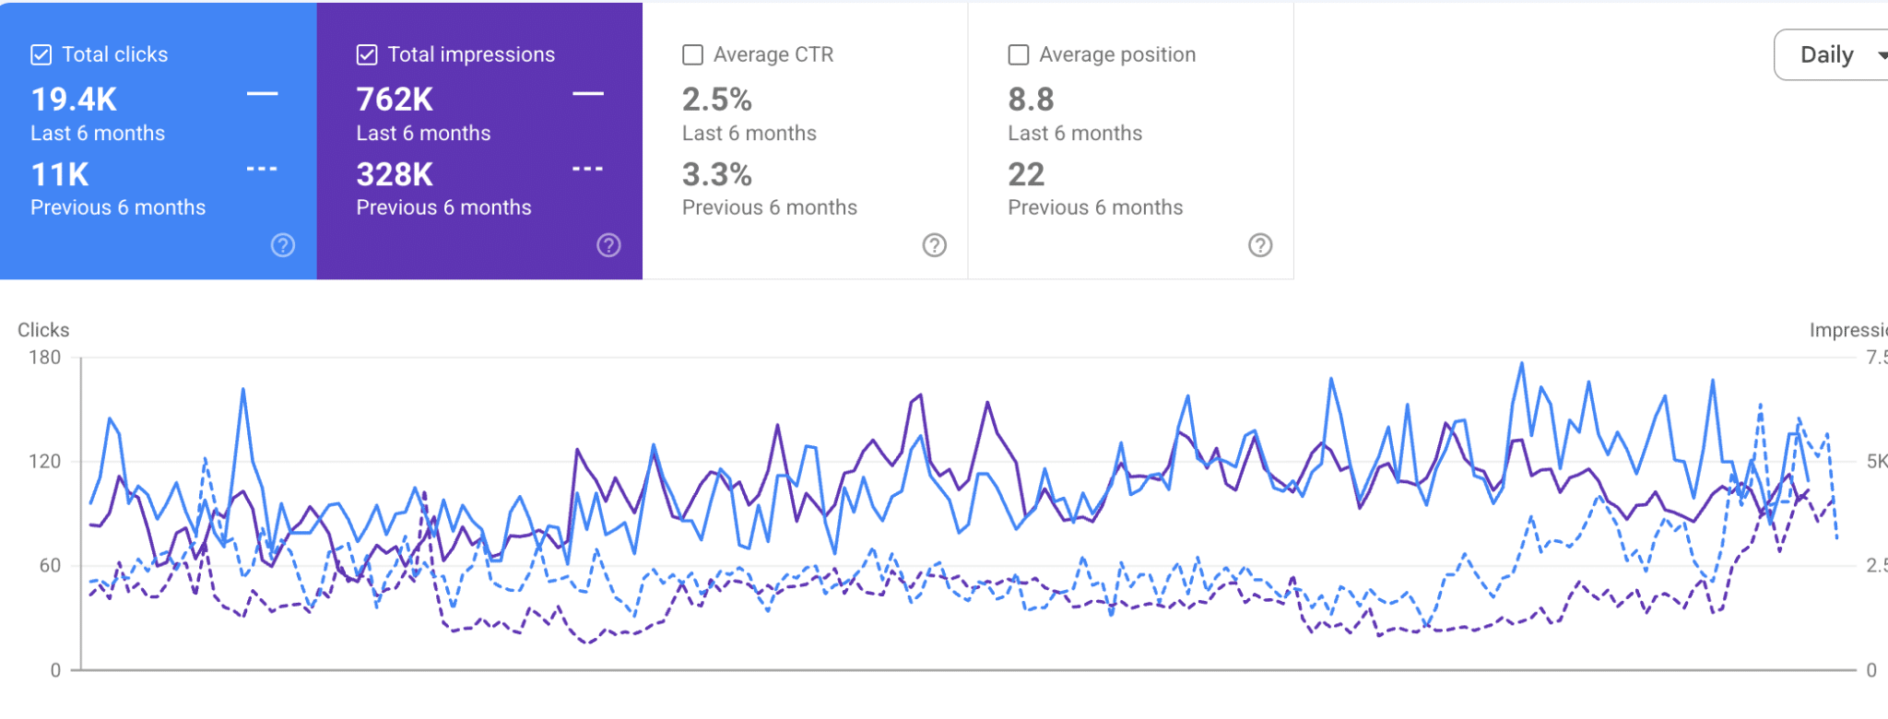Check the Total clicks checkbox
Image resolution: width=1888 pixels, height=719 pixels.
[41, 55]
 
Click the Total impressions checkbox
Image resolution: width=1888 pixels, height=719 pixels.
[367, 55]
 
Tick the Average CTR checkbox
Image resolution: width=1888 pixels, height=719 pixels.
[692, 55]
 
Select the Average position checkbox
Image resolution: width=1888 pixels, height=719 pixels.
[1019, 55]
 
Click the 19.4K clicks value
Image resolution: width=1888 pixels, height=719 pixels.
[74, 100]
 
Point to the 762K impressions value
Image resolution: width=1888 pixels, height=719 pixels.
[395, 100]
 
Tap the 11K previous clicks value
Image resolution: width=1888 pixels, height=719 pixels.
[60, 174]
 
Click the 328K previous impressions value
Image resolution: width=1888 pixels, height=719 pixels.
[395, 174]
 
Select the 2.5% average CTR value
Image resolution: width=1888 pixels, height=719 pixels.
[717, 100]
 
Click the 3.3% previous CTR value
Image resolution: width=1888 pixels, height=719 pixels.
[717, 174]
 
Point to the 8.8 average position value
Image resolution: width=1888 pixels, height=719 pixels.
[1031, 100]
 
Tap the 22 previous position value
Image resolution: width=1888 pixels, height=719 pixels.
[1026, 174]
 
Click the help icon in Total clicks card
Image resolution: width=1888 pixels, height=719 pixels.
[283, 245]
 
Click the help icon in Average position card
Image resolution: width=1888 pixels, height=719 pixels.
[1260, 245]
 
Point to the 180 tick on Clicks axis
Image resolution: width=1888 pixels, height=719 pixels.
[44, 358]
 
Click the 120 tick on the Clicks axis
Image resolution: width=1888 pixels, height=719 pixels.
[44, 462]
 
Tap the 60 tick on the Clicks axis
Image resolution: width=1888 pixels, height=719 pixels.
[50, 566]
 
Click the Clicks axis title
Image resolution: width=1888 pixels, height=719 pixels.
[43, 330]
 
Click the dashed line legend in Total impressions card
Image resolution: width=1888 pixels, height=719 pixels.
[587, 169]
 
